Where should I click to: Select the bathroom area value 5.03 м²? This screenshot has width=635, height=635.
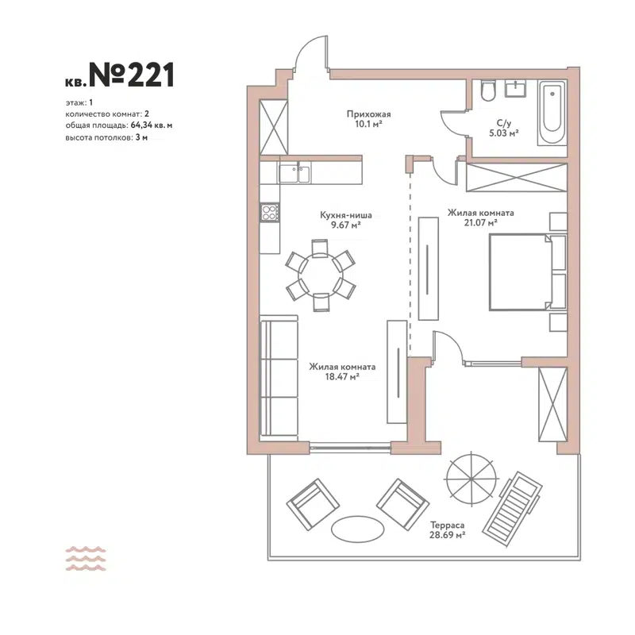coord(502,133)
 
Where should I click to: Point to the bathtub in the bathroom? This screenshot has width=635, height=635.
coord(551,114)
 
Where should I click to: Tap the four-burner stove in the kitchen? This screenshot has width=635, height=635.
coord(270,212)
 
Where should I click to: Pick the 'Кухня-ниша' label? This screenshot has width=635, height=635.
coord(346,214)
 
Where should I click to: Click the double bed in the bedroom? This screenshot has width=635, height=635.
coord(518,272)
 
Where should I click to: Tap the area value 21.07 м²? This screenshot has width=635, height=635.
coord(482,224)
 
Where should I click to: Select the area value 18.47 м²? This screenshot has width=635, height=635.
coord(342,378)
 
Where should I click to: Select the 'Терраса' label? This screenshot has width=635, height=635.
coord(444,525)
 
